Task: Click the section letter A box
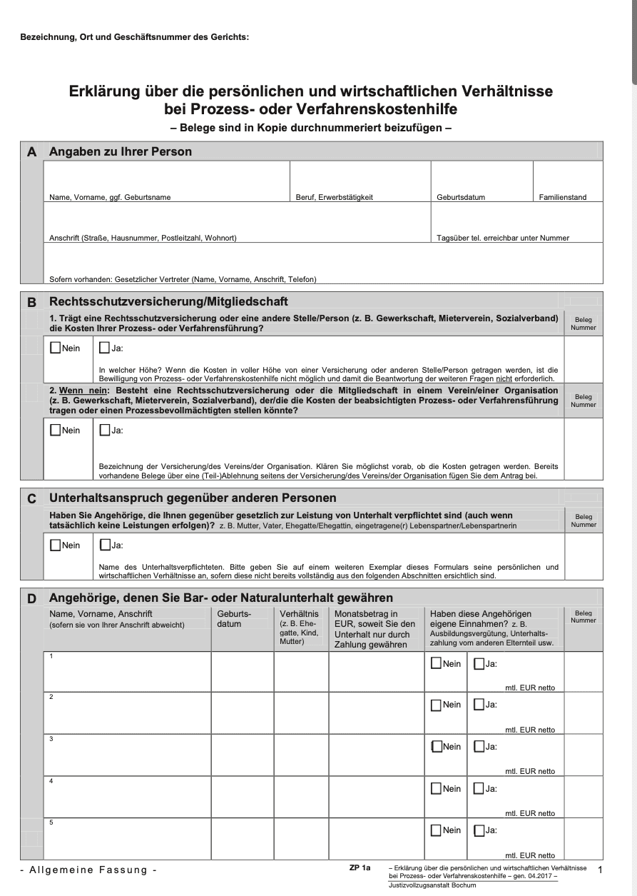tap(31, 152)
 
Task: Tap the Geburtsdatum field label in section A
tap(461, 197)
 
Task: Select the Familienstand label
tap(563, 197)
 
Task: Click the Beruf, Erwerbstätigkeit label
tap(335, 197)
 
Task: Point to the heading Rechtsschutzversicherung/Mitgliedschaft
tap(168, 302)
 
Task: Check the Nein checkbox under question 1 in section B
tap(56, 348)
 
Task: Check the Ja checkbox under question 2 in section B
tap(105, 431)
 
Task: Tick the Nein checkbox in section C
tap(56, 545)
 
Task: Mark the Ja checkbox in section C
tap(105, 545)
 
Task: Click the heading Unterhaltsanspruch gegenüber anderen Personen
tap(193, 498)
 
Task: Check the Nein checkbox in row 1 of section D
tap(436, 663)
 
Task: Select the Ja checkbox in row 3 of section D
tap(479, 747)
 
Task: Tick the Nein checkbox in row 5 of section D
tap(436, 830)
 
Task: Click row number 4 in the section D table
tap(51, 781)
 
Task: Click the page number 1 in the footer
tap(600, 870)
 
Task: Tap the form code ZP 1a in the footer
tap(360, 867)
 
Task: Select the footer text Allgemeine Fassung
tap(89, 870)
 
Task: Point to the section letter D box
tap(31, 598)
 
